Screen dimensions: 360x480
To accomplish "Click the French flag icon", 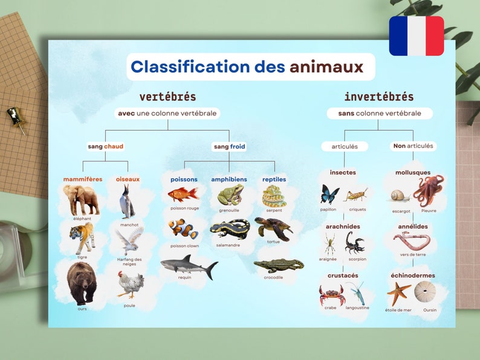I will point(416,36).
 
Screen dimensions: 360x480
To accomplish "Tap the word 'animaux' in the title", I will point(326,67).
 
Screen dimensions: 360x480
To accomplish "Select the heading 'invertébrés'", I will point(379,97).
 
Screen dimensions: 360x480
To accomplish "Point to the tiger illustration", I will point(82,237).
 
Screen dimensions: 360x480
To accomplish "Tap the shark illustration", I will point(188,265).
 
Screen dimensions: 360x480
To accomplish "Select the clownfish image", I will point(183,230).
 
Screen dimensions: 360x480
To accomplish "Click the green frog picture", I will point(230,195).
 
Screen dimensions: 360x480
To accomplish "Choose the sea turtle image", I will point(273,228).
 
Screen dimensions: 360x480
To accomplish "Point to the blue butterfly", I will point(329,194).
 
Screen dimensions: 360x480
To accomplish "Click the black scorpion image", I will point(355,242).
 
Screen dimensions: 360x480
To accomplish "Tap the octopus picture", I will point(429,190).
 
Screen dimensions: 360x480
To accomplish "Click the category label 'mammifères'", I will point(83,179).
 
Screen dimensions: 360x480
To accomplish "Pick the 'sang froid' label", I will point(230,146).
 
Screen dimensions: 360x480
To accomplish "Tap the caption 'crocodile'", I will point(273,277).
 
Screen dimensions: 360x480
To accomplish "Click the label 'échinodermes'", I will point(413,276).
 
